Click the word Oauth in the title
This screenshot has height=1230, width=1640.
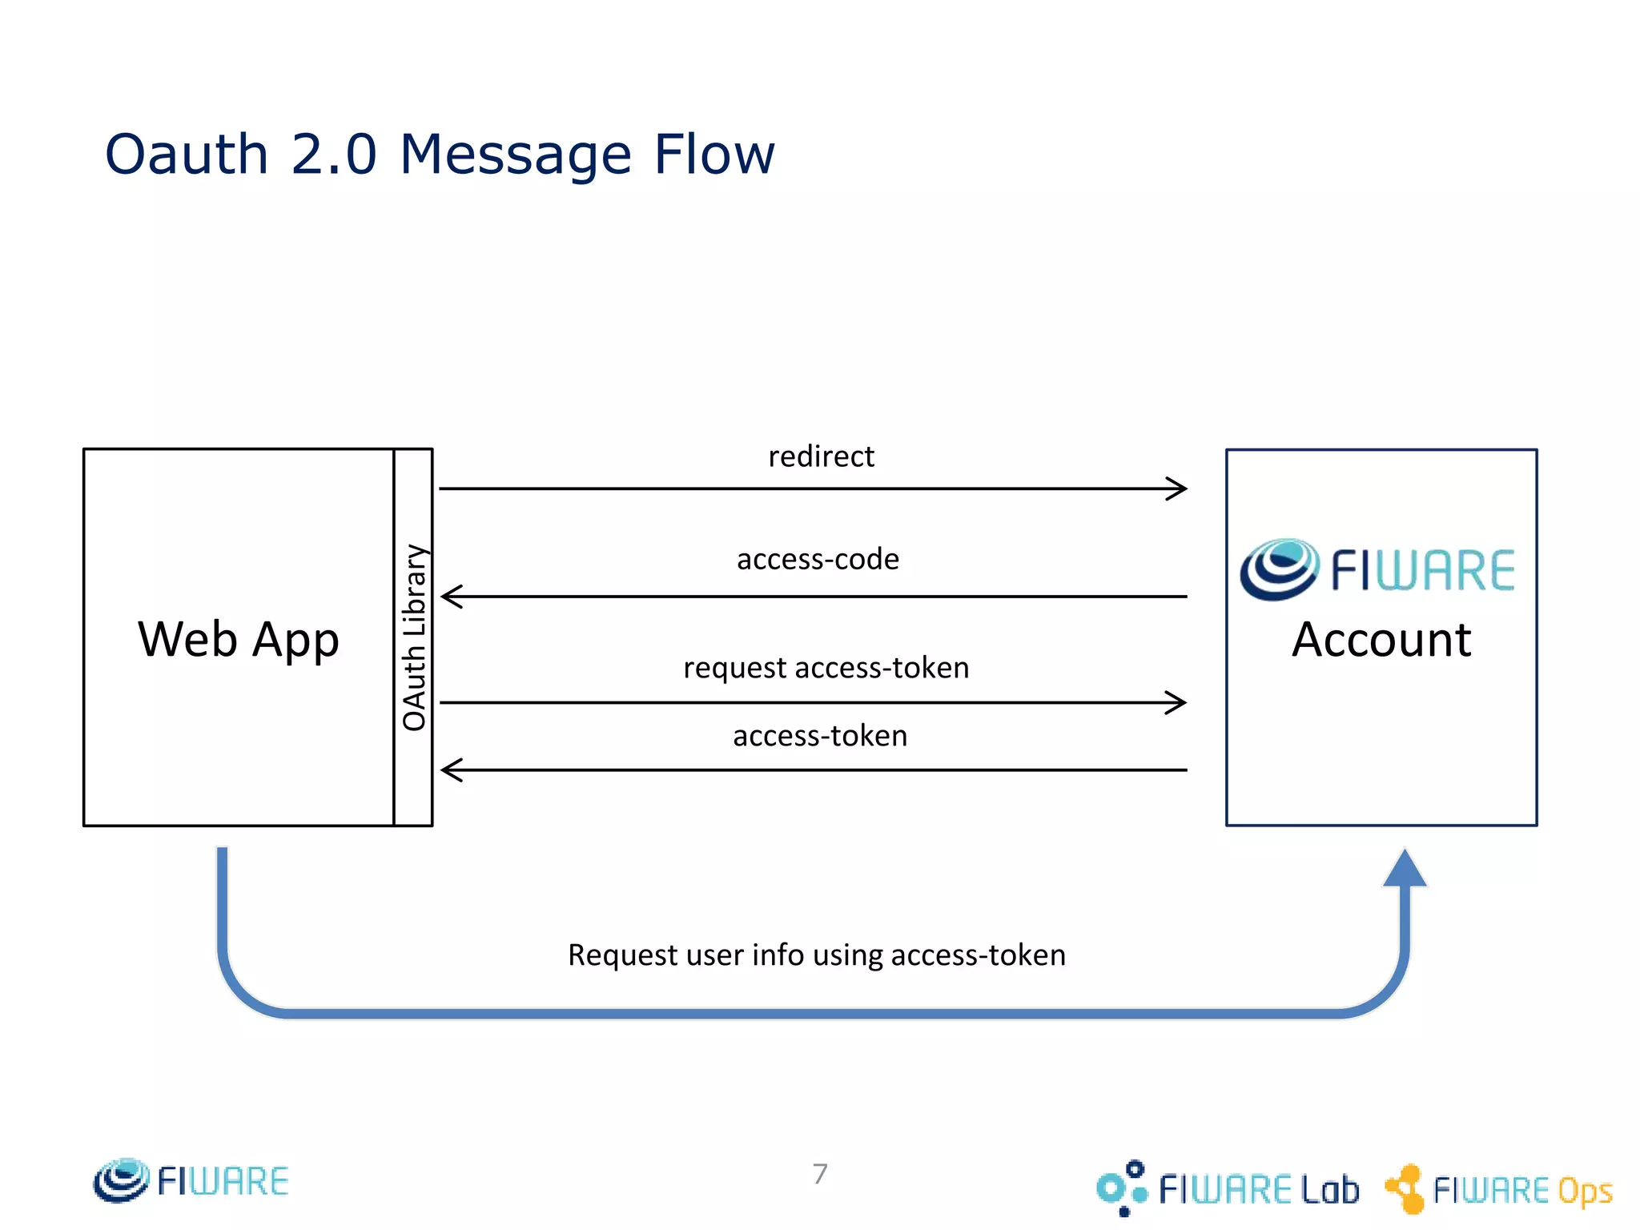(187, 154)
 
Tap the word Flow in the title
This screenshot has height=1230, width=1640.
(714, 154)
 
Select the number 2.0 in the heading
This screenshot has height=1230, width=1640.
(333, 154)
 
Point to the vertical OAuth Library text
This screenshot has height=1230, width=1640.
(414, 637)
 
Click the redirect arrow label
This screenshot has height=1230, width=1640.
(821, 456)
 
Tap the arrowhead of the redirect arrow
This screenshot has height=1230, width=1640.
(1178, 488)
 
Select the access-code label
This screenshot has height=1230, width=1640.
(818, 559)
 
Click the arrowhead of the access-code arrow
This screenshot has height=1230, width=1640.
(451, 597)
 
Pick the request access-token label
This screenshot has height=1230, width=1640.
(826, 668)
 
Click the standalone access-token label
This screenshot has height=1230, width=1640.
(820, 736)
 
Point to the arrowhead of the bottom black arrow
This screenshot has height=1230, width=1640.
(451, 770)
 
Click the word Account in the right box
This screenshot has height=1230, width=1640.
(1381, 640)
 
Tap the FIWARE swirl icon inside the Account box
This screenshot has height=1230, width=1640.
(1279, 569)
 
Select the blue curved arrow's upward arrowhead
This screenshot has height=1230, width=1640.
(1405, 870)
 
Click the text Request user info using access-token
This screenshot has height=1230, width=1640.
(817, 955)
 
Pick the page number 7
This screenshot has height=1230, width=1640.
(820, 1174)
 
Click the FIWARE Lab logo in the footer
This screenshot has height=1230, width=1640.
(1228, 1188)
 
